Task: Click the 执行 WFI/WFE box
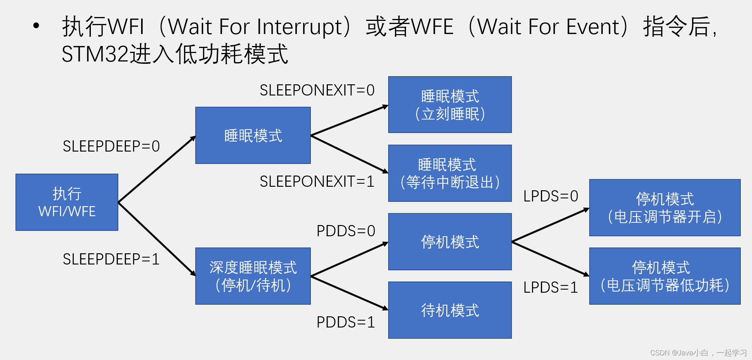pyautogui.click(x=67, y=202)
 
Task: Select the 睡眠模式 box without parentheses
pyautogui.click(x=253, y=135)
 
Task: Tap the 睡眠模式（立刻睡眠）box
pyautogui.click(x=450, y=105)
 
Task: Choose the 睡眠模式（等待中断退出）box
pyautogui.click(x=450, y=173)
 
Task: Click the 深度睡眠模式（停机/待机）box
pyautogui.click(x=253, y=276)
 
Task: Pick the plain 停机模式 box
pyautogui.click(x=450, y=242)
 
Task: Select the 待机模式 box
pyautogui.click(x=450, y=310)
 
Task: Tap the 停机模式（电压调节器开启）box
pyautogui.click(x=665, y=208)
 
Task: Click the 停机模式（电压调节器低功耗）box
pyautogui.click(x=665, y=276)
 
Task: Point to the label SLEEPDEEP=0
pyautogui.click(x=111, y=146)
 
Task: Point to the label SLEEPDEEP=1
pyautogui.click(x=111, y=259)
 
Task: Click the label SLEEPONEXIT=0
pyautogui.click(x=317, y=90)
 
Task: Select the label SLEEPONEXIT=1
pyautogui.click(x=317, y=182)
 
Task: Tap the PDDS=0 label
pyautogui.click(x=346, y=231)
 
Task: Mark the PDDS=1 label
pyautogui.click(x=346, y=322)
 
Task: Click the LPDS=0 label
pyautogui.click(x=551, y=196)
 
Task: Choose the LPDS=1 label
pyautogui.click(x=551, y=288)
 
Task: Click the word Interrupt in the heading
pyautogui.click(x=300, y=27)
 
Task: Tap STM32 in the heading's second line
pyautogui.click(x=95, y=54)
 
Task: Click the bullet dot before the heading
pyautogui.click(x=36, y=26)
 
